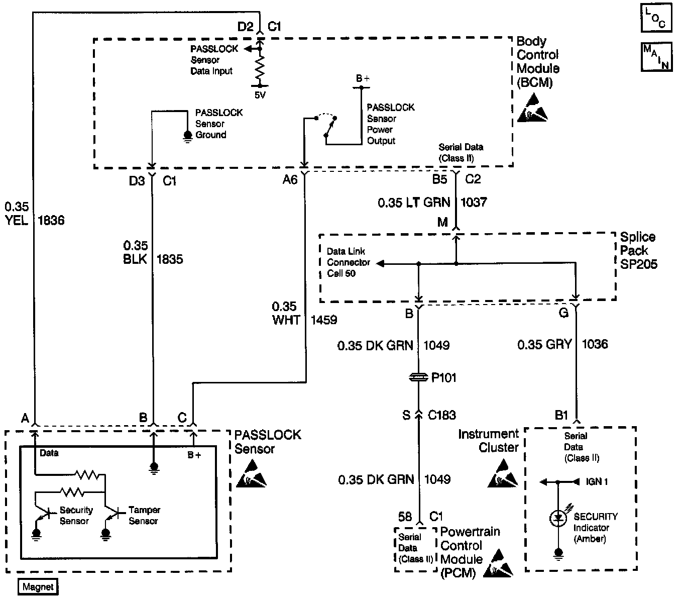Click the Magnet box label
pos(38,587)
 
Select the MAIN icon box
pos(656,57)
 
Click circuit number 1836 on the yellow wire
pos(51,220)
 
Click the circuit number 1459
pos(324,320)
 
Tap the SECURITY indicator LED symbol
pos(558,519)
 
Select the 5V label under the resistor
pos(260,95)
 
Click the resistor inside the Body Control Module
pos(260,68)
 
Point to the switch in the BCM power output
pos(327,126)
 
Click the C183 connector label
pos(442,415)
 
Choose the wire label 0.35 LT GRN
pos(414,203)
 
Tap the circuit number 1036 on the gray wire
pos(595,344)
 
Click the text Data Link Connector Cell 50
pos(349,262)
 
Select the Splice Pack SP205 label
pos(638,250)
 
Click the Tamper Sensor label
pos(144,516)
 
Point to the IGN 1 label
pos(597,482)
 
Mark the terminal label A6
pos(290,179)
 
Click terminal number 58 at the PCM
pos(405,517)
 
